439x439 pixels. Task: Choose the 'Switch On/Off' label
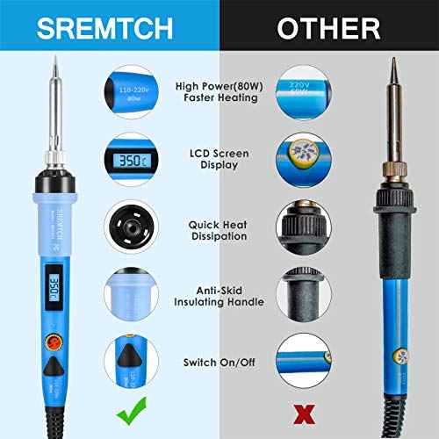coord(218,362)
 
